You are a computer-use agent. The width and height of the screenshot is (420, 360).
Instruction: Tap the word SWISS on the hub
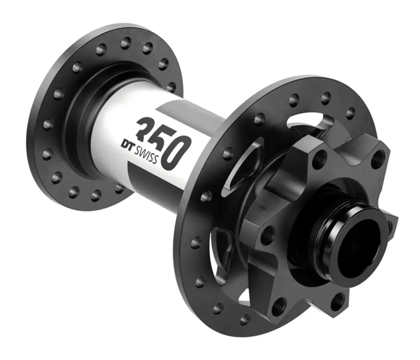coord(145,155)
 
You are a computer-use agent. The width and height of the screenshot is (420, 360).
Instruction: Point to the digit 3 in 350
coord(147,127)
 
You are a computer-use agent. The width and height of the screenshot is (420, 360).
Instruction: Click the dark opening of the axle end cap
coord(360,250)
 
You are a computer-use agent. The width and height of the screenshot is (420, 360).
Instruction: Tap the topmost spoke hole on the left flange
coord(126,43)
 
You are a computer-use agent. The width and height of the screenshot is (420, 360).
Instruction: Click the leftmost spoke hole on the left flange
coord(47,124)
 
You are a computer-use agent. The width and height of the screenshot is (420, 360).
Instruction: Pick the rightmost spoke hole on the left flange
coord(171,87)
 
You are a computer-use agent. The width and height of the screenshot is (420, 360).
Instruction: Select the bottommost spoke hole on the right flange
coord(244,319)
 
